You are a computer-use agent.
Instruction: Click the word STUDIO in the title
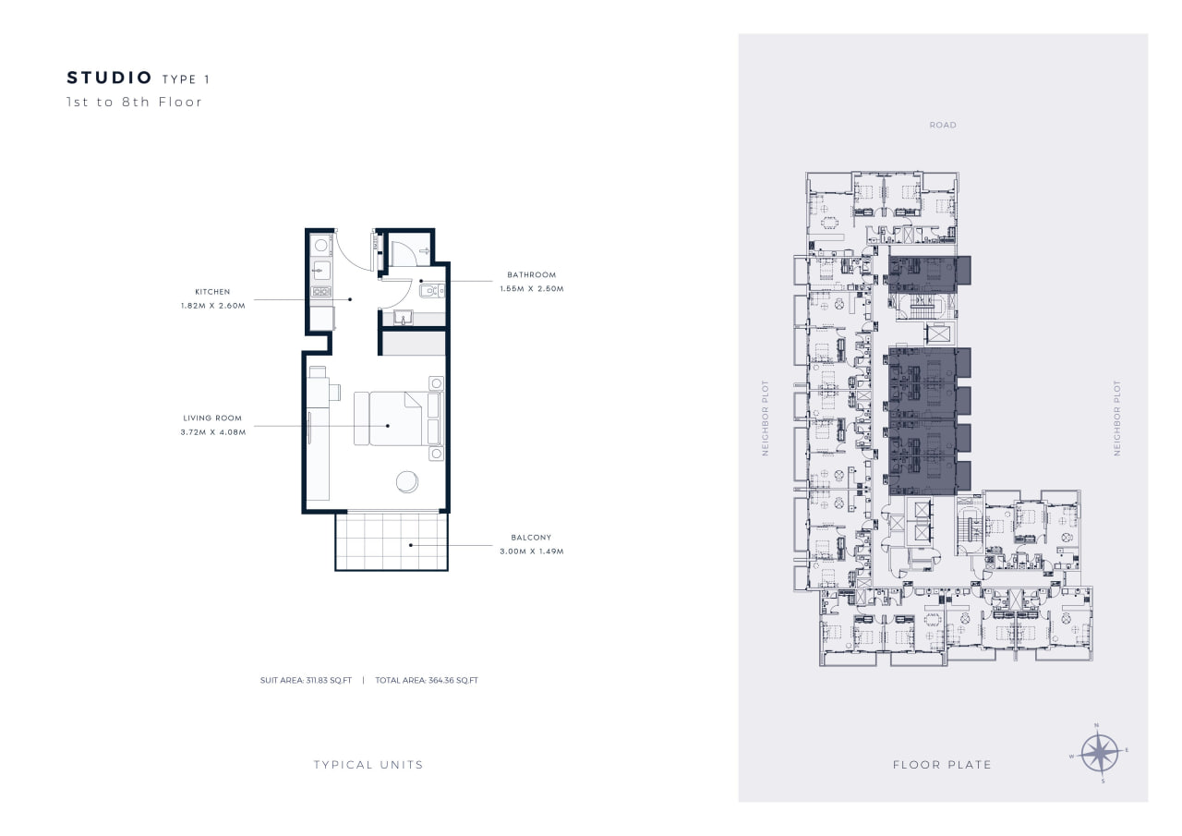coord(109,79)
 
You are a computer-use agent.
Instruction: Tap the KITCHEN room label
coord(212,292)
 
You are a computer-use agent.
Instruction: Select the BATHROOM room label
coord(531,275)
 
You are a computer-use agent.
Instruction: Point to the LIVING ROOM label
coord(212,418)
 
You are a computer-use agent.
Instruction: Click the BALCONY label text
coord(531,538)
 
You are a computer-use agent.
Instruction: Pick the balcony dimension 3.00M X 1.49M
coord(531,551)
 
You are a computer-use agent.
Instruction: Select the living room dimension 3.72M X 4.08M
coord(213,432)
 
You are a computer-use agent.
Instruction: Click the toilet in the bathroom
coord(431,290)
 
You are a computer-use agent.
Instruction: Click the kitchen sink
coord(320,271)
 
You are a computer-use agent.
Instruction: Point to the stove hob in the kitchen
coord(320,291)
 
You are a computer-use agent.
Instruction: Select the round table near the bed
coord(407,482)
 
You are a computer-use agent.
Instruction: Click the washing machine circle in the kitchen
coord(320,245)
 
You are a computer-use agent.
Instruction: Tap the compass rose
coord(1099,753)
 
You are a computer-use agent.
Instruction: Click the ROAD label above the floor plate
coord(943,125)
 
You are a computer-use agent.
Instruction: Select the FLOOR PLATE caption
coord(942,765)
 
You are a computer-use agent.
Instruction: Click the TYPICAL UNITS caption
coord(368,765)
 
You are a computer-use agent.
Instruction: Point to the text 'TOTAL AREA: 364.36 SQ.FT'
coord(427,680)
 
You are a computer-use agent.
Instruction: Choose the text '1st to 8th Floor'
coord(134,102)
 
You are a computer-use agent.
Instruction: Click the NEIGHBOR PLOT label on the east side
coord(1116,418)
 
